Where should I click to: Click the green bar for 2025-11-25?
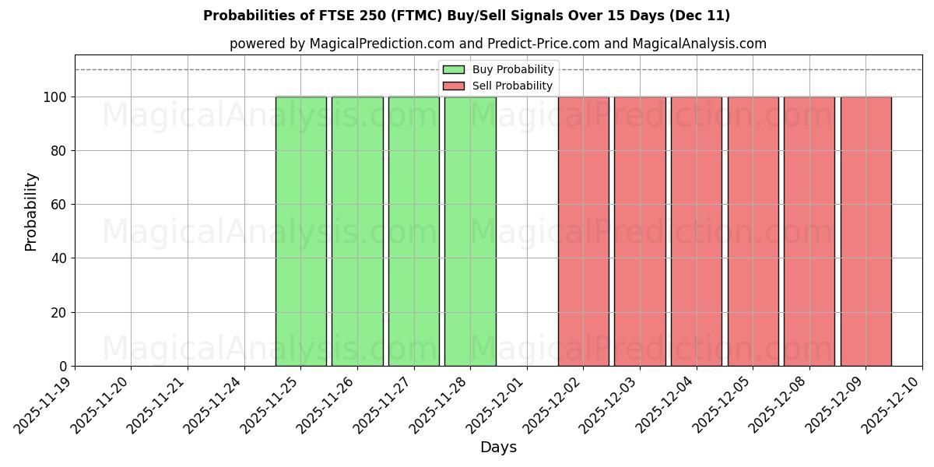[x=300, y=231]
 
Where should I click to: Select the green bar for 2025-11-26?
[x=357, y=231]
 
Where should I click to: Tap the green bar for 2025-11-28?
[x=470, y=231]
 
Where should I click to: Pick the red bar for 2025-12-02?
[x=584, y=231]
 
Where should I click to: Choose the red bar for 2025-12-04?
[x=697, y=231]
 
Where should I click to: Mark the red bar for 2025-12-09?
[x=866, y=231]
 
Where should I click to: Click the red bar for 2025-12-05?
[x=753, y=231]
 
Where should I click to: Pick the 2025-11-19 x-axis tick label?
[x=45, y=405]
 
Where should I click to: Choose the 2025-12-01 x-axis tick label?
[x=498, y=405]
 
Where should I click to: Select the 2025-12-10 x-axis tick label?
[x=894, y=405]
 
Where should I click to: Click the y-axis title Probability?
[x=31, y=211]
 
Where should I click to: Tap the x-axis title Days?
[x=498, y=448]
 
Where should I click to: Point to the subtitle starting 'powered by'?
[x=498, y=44]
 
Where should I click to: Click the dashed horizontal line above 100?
[x=233, y=70]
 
